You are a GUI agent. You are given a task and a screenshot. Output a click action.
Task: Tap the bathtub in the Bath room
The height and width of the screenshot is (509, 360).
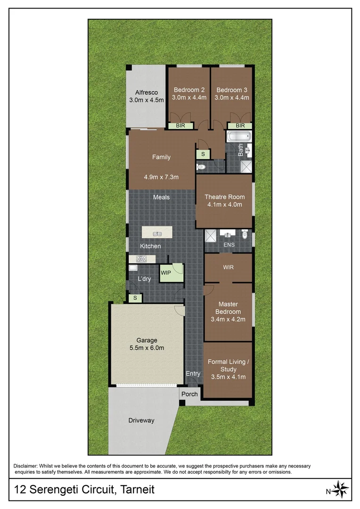pos(235,137)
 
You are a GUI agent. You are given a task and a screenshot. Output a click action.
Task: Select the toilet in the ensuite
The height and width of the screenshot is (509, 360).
pos(245,234)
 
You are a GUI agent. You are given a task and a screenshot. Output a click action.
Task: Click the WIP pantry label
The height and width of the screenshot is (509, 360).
pos(166,273)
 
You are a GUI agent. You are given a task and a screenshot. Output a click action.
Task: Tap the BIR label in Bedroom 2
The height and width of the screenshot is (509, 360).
pos(180,126)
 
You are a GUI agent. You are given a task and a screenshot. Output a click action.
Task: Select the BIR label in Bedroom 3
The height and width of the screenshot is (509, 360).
pos(240,126)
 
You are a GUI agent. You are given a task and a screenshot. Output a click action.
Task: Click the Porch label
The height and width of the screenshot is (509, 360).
pos(190,394)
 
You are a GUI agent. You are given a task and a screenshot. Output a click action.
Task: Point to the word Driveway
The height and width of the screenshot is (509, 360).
pos(141,420)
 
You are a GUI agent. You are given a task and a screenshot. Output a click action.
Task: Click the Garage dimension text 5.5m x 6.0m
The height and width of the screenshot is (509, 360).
pos(147,348)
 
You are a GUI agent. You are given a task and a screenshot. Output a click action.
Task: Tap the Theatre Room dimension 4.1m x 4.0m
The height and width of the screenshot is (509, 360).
pos(224,205)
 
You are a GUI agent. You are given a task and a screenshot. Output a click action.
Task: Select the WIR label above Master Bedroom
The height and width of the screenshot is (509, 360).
pos(228,267)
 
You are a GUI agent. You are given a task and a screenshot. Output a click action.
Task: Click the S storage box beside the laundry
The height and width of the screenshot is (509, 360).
pos(135,298)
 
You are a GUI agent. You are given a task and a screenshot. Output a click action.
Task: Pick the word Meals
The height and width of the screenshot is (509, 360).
pos(161,197)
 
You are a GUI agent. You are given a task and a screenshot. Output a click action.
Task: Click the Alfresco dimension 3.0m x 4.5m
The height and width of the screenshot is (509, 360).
pos(147,100)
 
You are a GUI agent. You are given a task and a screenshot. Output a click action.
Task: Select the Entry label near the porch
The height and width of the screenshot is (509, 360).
pos(193,374)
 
